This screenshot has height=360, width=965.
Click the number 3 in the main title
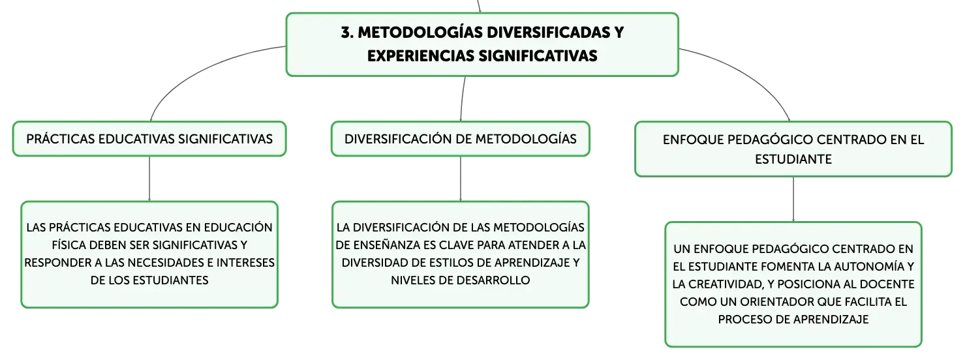click(346, 33)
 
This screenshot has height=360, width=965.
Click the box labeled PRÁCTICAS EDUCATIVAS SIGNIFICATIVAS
click(149, 139)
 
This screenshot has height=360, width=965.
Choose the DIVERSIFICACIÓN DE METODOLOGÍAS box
click(461, 139)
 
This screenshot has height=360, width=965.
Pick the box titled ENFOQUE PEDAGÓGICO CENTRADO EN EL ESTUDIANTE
click(793, 149)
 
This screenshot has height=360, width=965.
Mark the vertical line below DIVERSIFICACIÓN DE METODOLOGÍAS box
click(461, 179)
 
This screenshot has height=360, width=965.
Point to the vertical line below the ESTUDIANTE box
click(793, 200)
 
